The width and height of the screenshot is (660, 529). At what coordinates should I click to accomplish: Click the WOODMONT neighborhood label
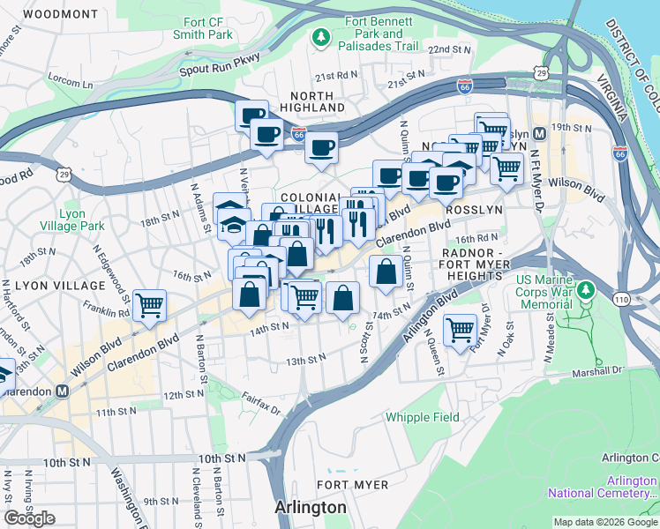click(60, 14)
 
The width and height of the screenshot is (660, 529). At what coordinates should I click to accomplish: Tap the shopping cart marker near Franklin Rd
click(149, 305)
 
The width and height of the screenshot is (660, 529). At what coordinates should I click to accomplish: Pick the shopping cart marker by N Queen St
click(461, 331)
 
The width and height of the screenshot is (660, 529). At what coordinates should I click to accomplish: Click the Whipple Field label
click(420, 417)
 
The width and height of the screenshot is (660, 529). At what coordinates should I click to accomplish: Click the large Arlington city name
click(310, 508)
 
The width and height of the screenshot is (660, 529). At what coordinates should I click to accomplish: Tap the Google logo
click(29, 518)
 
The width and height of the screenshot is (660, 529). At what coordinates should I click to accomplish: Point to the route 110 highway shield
click(623, 300)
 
